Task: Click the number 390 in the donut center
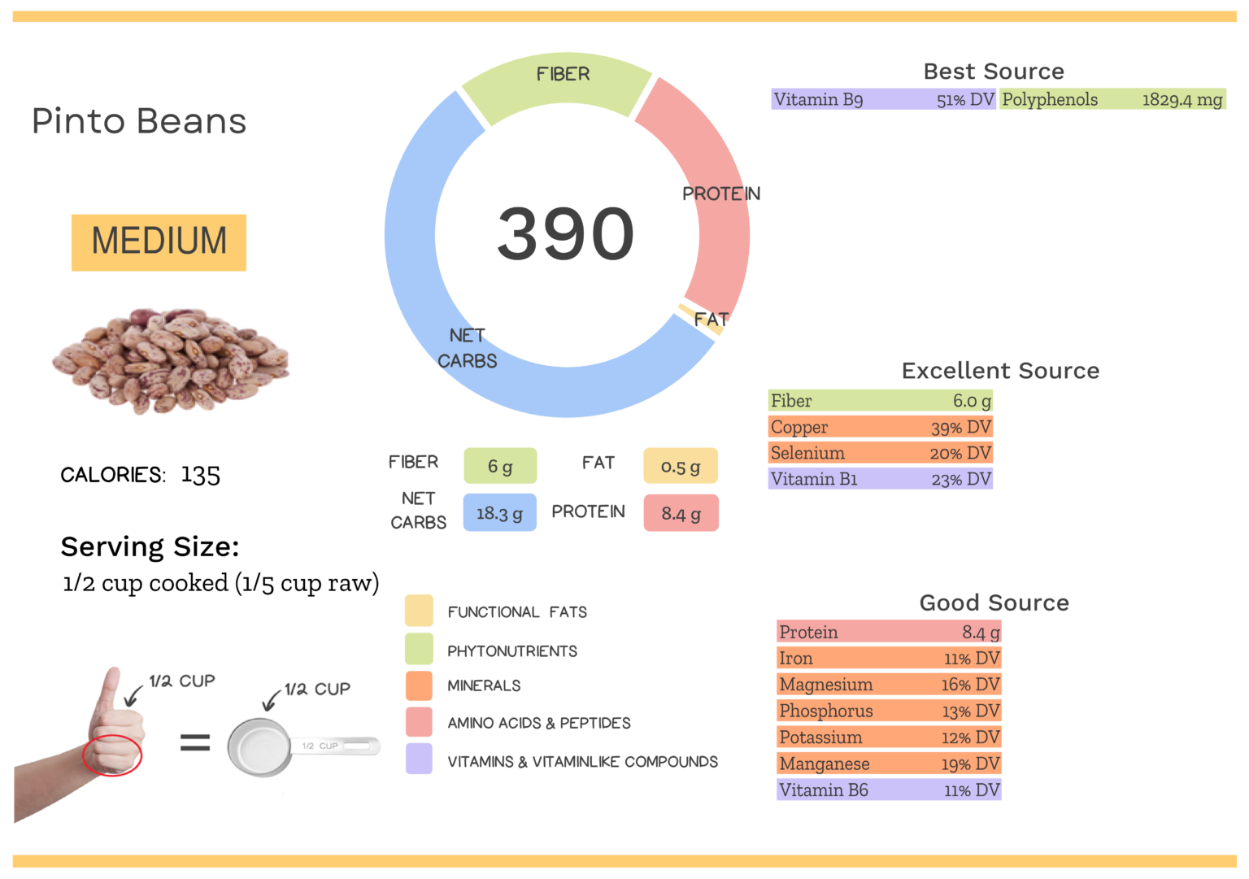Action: click(565, 234)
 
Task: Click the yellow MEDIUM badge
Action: click(159, 242)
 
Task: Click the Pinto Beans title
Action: click(139, 121)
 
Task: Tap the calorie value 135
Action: click(200, 475)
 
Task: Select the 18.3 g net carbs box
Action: click(499, 513)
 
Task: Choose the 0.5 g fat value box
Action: click(680, 467)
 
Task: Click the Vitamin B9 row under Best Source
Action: click(883, 99)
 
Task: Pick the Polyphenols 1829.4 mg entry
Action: click(1112, 99)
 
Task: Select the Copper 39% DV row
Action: click(881, 427)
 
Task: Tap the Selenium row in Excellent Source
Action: click(881, 453)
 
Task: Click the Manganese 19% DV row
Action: click(889, 764)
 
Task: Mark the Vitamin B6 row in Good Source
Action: click(889, 790)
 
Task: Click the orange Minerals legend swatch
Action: click(419, 685)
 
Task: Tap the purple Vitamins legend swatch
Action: click(419, 759)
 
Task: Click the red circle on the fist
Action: click(112, 755)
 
